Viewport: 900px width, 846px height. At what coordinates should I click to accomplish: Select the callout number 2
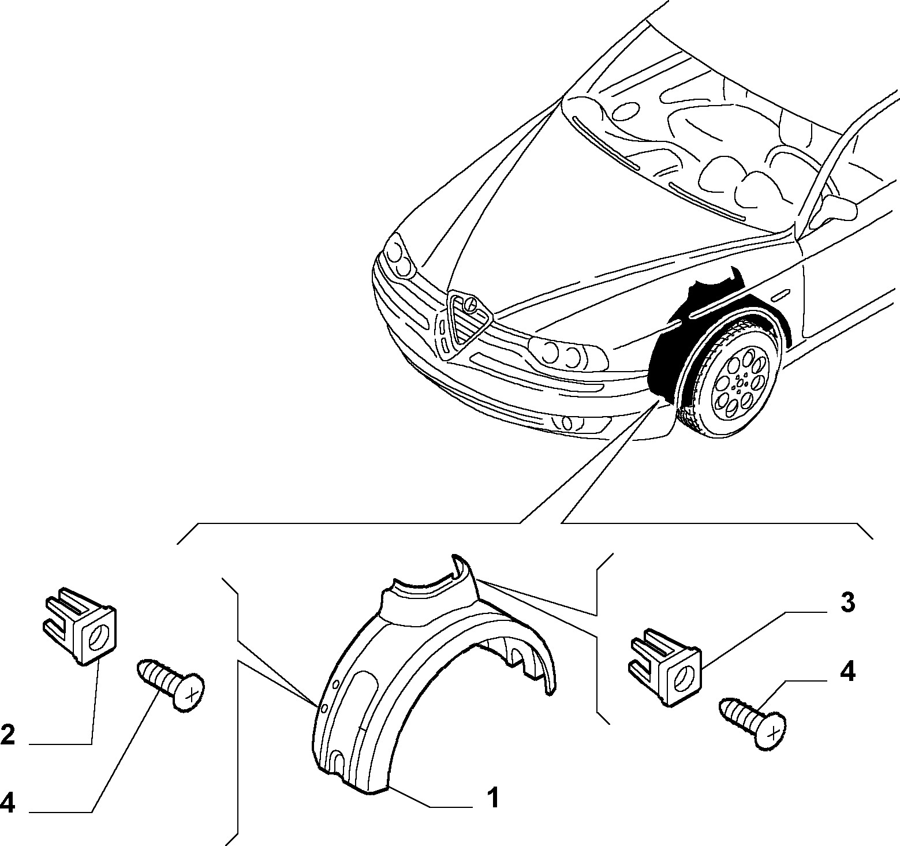pyautogui.click(x=8, y=735)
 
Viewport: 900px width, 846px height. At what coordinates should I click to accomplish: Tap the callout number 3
pyautogui.click(x=846, y=603)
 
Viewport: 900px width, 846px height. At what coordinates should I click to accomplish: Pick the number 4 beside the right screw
pyautogui.click(x=847, y=673)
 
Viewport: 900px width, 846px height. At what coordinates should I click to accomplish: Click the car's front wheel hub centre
pyautogui.click(x=740, y=382)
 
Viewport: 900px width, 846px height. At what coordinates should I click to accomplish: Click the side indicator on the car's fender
pyautogui.click(x=781, y=296)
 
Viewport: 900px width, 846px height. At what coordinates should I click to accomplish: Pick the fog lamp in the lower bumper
pyautogui.click(x=569, y=423)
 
